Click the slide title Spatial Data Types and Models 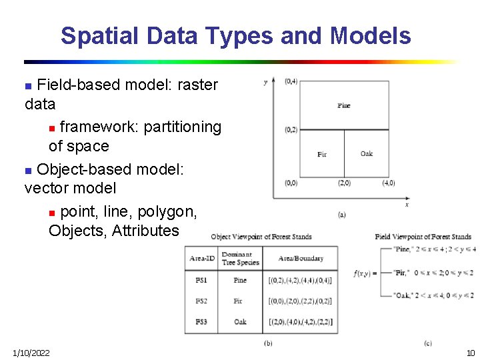tap(235, 35)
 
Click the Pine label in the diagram tap(343, 105)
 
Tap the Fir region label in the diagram tap(322, 155)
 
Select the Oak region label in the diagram tap(367, 154)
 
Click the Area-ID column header tap(202, 259)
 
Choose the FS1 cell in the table tap(201, 281)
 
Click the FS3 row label tap(201, 322)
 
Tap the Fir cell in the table tap(238, 301)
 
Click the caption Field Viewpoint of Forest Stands tap(423, 237)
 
